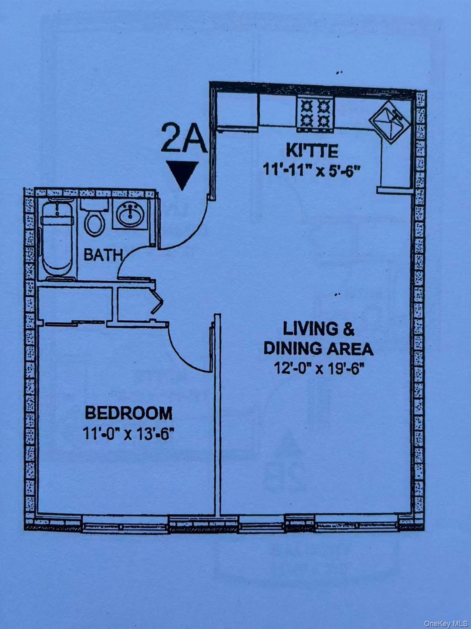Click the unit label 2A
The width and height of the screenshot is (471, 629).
183,139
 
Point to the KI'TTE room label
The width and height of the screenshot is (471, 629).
312,151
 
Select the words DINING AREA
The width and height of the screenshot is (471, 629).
318,348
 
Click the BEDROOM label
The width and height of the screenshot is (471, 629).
128,413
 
